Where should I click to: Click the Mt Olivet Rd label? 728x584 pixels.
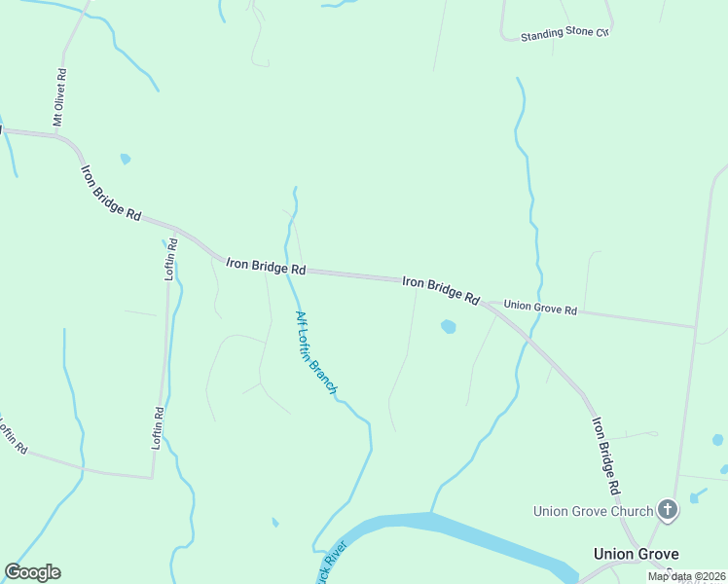(x=59, y=96)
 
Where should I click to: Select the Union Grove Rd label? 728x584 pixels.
(x=541, y=308)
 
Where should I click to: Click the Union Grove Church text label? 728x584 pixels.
(x=594, y=510)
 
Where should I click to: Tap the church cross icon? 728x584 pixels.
(x=668, y=509)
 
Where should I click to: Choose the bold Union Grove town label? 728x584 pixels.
(x=636, y=554)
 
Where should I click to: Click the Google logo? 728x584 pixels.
(x=32, y=572)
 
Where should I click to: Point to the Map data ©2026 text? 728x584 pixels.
(x=687, y=576)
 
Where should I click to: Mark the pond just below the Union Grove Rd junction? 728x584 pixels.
(x=449, y=327)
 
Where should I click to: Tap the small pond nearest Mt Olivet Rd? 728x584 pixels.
(x=125, y=159)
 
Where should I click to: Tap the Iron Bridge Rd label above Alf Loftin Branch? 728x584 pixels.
(x=266, y=265)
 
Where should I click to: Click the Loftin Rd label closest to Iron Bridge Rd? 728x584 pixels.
(x=171, y=258)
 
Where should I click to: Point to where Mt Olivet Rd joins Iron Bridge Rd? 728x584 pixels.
(x=60, y=136)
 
